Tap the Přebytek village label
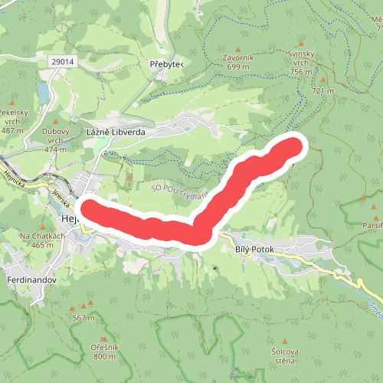point(166,64)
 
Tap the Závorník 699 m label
point(239,61)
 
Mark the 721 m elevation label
point(323,91)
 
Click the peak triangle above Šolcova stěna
point(285,341)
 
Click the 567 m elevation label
point(83,318)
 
